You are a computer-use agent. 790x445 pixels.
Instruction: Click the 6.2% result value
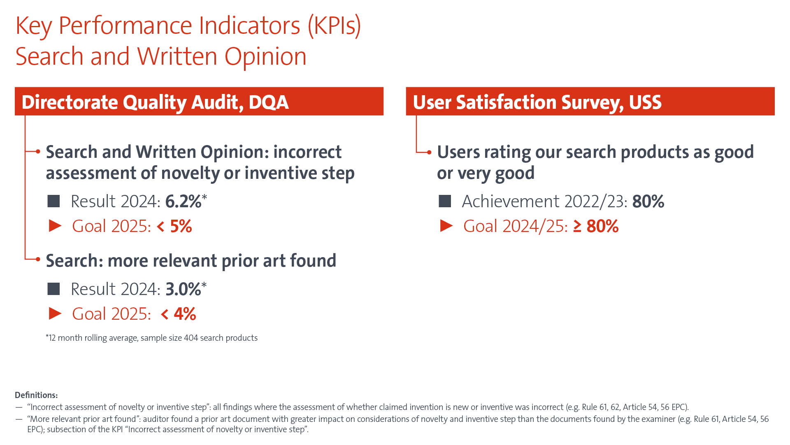click(183, 201)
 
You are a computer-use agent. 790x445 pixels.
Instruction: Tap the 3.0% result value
click(183, 289)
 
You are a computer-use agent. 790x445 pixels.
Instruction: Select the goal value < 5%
click(174, 226)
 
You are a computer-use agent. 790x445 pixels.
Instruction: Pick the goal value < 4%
click(178, 314)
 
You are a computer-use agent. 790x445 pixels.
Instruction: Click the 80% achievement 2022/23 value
click(648, 201)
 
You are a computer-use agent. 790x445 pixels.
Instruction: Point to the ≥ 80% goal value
click(596, 226)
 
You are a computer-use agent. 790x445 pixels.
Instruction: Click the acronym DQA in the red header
click(268, 102)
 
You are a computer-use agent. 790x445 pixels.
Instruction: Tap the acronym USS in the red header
click(645, 102)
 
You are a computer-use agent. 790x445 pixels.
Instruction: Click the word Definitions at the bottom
click(36, 395)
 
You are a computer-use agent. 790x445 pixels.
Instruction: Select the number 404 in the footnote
click(191, 338)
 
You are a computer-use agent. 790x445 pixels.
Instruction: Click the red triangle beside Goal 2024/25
click(446, 226)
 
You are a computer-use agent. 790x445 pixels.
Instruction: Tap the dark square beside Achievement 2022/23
click(445, 201)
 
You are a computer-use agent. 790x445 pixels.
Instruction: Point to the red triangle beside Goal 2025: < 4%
click(55, 314)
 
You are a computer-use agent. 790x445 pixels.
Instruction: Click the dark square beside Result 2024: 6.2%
click(53, 201)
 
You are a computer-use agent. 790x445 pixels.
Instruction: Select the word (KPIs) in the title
click(334, 26)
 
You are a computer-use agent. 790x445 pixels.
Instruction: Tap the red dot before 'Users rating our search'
click(429, 152)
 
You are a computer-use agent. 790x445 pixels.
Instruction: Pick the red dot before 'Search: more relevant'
click(38, 259)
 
